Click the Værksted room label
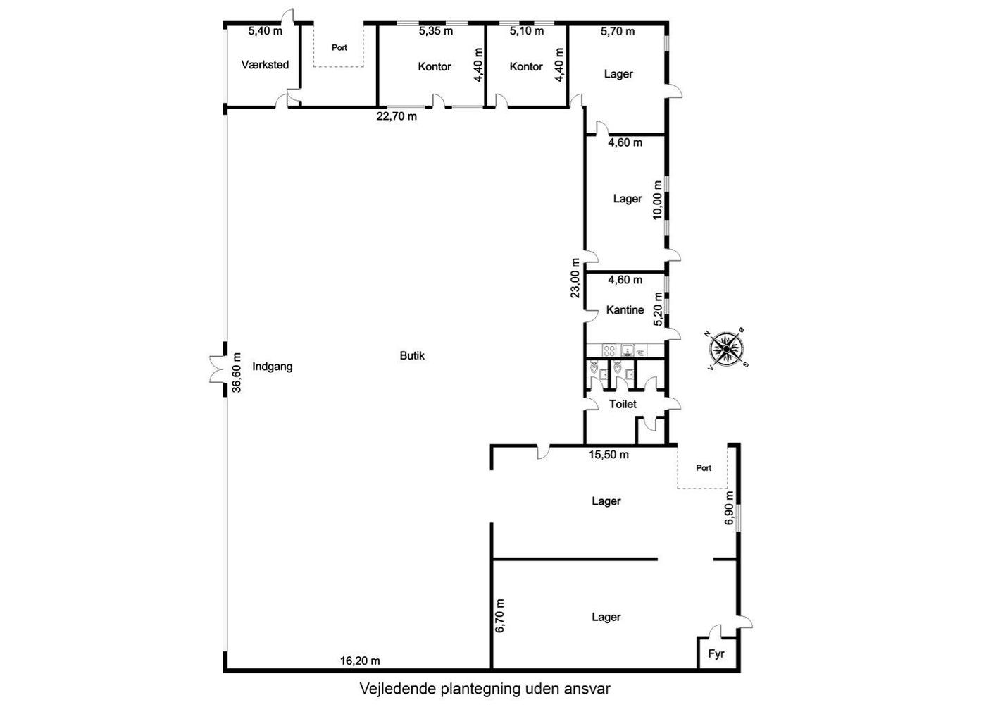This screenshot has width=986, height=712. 265,65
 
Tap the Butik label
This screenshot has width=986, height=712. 412,355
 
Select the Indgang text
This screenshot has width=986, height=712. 272,367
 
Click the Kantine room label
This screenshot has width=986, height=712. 625,310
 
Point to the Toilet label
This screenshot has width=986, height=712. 623,404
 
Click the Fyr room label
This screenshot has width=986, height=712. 716,654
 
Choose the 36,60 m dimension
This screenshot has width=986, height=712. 237,372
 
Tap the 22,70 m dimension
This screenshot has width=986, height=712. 397,116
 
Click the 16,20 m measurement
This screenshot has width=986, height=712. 360,661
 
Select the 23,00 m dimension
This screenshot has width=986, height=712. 575,278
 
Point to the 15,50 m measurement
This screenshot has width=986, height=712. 609,455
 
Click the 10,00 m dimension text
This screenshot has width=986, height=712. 658,200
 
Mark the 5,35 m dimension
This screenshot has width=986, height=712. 436,31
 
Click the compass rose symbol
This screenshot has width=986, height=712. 726,348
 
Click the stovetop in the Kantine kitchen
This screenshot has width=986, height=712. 609,351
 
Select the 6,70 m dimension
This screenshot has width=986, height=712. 499,616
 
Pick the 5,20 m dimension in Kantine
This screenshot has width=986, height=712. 658,309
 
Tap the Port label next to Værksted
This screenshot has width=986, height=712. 339,48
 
